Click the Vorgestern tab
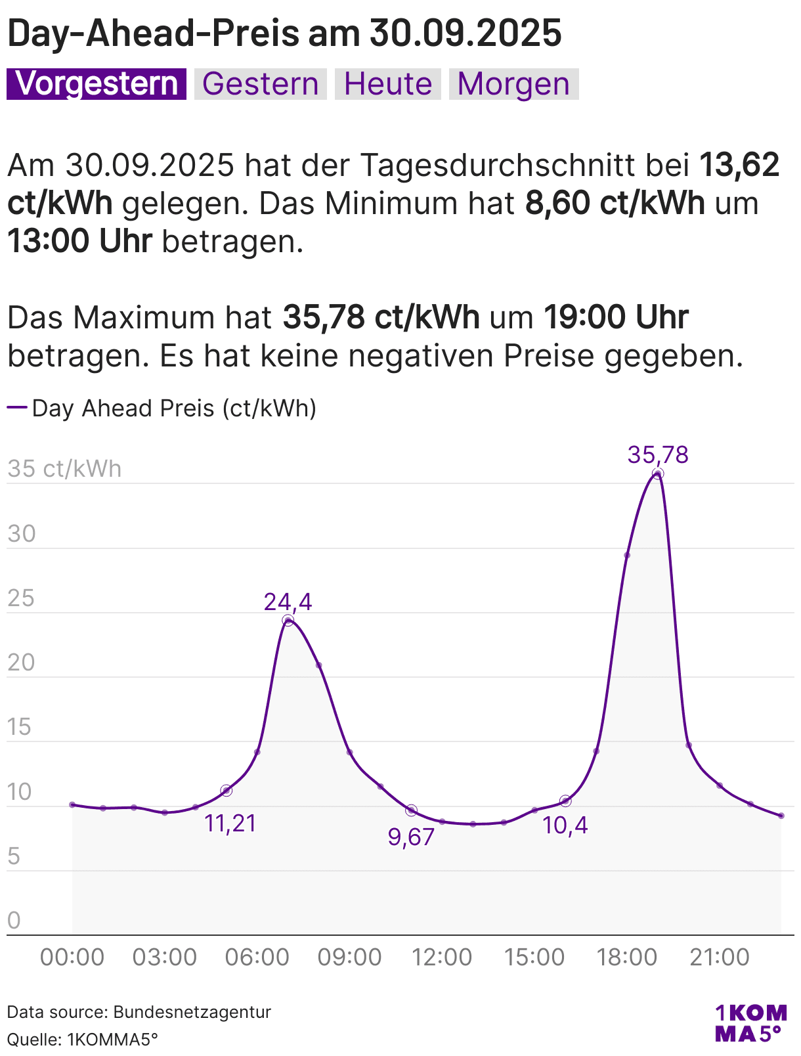(97, 84)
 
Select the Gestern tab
(261, 84)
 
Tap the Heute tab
(388, 84)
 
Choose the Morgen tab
(513, 84)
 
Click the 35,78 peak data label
(658, 454)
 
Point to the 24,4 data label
(288, 602)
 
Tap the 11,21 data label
(230, 823)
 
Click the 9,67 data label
(412, 837)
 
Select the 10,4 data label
(565, 825)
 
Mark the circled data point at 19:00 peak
(658, 473)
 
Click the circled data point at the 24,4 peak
(288, 621)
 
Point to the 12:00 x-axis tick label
(442, 957)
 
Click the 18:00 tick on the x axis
(627, 957)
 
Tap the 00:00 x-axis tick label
(72, 957)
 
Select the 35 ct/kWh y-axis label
(64, 469)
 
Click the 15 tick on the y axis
(20, 727)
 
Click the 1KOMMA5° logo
(750, 1023)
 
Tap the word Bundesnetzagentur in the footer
(192, 1011)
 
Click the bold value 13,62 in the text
(739, 165)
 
